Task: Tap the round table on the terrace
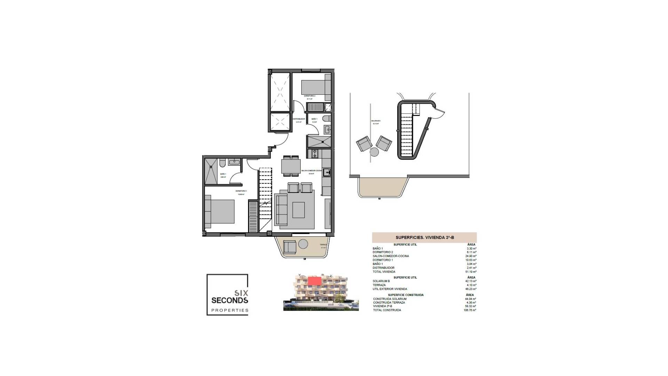click(303, 244)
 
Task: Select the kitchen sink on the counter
click(326, 172)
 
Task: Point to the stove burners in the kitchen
click(315, 153)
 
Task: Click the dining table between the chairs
click(291, 165)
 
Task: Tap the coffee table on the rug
click(299, 210)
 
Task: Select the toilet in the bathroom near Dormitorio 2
click(326, 119)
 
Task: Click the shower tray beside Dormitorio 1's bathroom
click(210, 171)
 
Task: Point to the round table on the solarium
click(374, 152)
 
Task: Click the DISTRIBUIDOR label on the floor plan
click(299, 119)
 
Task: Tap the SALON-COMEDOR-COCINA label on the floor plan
click(308, 171)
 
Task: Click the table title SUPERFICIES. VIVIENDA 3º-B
click(424, 237)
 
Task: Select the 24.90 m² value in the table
click(472, 256)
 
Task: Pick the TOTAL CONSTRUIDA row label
click(387, 310)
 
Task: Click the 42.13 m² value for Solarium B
click(472, 281)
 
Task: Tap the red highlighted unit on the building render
click(314, 281)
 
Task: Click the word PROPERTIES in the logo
click(230, 310)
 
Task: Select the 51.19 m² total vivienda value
click(472, 272)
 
